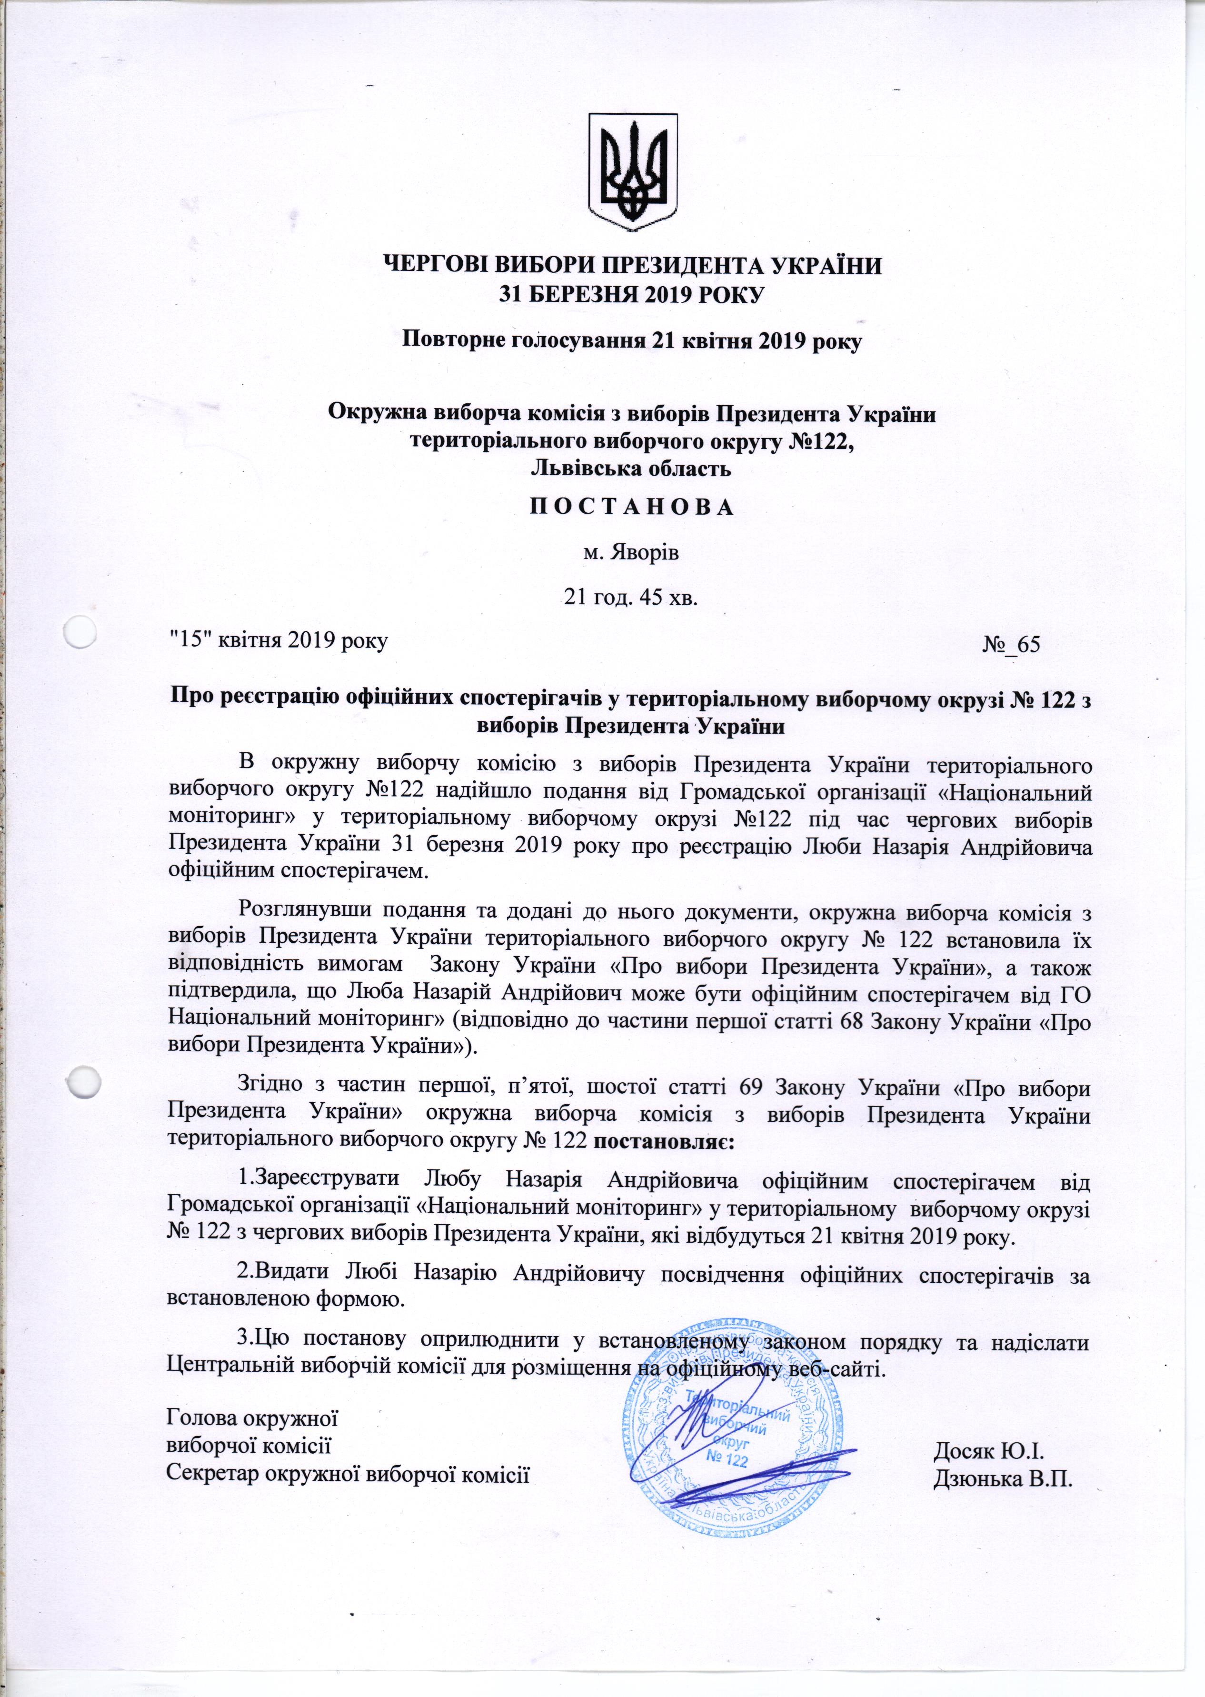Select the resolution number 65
pos(1028,644)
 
